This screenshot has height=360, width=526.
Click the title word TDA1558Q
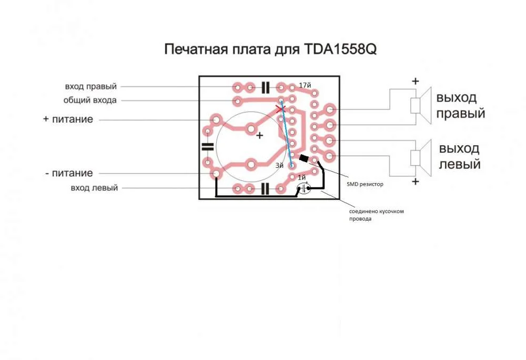340,49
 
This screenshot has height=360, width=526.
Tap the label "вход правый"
91,86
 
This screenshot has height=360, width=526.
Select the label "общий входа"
90,101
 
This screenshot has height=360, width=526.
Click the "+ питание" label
68,119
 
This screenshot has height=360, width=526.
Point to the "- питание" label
69,173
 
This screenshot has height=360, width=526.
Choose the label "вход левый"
94,188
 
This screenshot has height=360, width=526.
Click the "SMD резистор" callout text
365,184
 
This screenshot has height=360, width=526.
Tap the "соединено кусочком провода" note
377,215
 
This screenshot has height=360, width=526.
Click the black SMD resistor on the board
304,158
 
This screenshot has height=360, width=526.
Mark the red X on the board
280,109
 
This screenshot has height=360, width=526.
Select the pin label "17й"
305,86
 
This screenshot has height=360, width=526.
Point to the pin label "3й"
279,165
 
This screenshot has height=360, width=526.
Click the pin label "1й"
301,177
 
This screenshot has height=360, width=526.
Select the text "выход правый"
461,105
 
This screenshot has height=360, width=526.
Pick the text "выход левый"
460,156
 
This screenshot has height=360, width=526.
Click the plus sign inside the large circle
259,136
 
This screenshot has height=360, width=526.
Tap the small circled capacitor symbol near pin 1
304,188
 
